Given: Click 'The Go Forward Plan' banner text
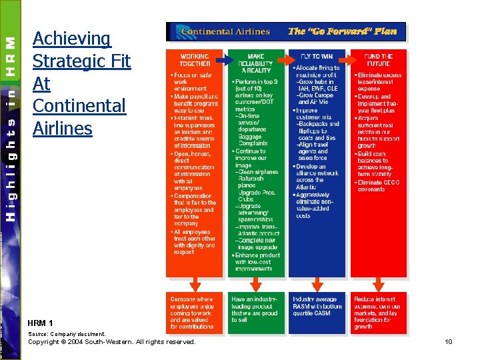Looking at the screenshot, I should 342,31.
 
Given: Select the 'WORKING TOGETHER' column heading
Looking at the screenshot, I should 194,60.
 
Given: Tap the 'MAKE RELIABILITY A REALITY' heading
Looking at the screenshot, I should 256,63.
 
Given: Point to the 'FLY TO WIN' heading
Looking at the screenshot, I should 317,57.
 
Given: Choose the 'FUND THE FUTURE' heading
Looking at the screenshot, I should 378,60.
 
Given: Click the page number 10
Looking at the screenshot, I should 449,342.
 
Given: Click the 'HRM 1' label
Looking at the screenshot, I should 40,323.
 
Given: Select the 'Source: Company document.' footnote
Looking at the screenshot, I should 67,334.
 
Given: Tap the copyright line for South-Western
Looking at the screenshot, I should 111,342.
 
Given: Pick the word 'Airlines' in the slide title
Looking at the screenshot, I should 63,127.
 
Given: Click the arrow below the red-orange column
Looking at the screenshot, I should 193,285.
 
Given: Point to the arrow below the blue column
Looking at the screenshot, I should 317,285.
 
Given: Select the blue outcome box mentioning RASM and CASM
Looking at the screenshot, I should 317,311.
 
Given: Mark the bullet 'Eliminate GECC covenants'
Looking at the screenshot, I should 379,185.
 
